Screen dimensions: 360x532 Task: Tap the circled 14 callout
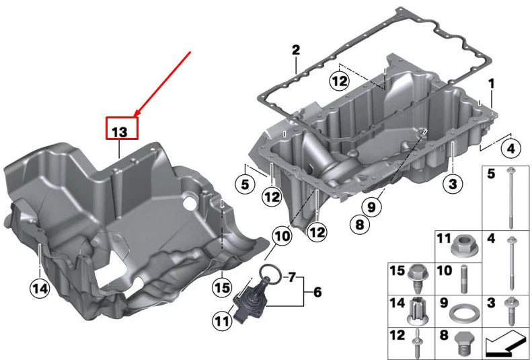(x=40, y=289)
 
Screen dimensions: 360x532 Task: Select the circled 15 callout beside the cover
(x=222, y=287)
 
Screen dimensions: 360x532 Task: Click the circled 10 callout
(x=282, y=236)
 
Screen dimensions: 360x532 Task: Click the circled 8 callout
(x=359, y=225)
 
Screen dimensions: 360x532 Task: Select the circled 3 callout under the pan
(x=453, y=182)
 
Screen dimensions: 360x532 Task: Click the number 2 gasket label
(x=295, y=50)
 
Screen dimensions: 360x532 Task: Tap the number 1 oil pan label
(x=491, y=83)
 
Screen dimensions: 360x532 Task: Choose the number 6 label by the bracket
(x=317, y=292)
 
